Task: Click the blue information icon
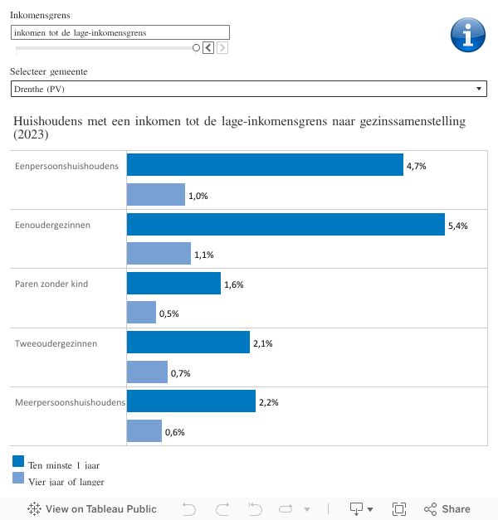point(467,35)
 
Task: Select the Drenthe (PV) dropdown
point(249,89)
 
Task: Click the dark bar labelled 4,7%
point(265,165)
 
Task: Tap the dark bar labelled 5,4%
point(286,225)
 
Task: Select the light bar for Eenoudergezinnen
point(159,254)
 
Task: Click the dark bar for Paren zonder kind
point(173,284)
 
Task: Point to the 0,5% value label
point(168,313)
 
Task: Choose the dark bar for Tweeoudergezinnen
point(188,343)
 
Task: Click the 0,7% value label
point(180,373)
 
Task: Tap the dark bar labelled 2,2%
point(191,401)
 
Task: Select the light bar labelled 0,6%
point(144,431)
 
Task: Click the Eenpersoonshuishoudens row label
point(66,166)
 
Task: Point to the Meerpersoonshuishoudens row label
point(70,402)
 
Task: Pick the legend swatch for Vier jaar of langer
point(18,478)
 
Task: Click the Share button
point(447,509)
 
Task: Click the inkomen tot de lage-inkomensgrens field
point(120,32)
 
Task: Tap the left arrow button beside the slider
point(208,48)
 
